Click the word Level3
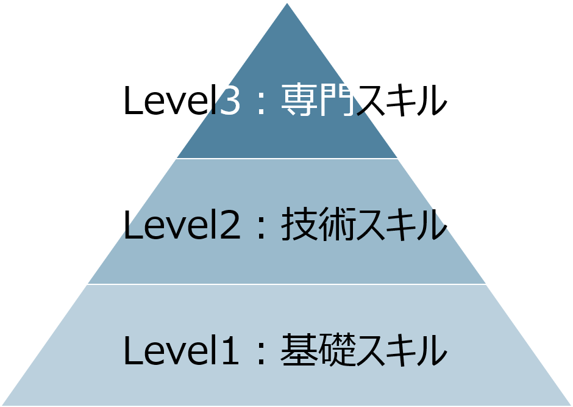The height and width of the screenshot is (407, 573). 182,101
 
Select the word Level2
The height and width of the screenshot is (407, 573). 182,226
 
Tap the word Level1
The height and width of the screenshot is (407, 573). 182,351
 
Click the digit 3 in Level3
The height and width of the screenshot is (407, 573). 229,101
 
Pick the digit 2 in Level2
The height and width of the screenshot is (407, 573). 229,226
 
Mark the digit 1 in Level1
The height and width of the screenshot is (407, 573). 229,351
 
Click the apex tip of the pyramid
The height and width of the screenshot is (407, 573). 286,3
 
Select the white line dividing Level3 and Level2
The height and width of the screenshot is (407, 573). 286,159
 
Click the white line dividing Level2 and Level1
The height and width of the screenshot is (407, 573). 286,284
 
